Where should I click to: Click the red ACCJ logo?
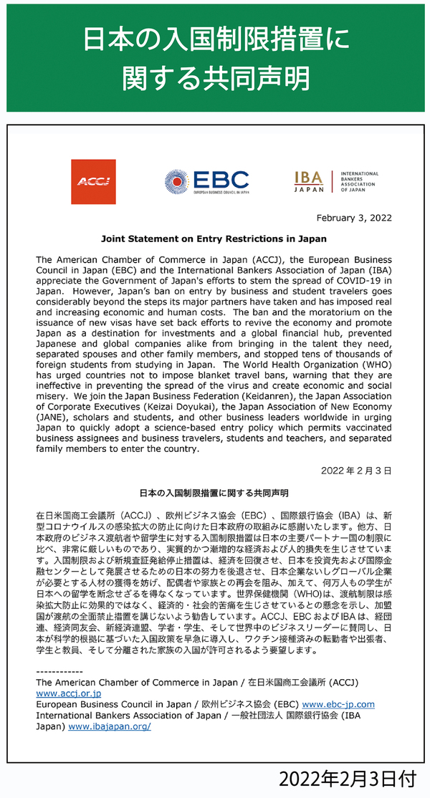pyautogui.click(x=93, y=181)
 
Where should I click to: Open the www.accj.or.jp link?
pyautogui.click(x=68, y=694)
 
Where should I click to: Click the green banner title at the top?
pyautogui.click(x=215, y=57)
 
